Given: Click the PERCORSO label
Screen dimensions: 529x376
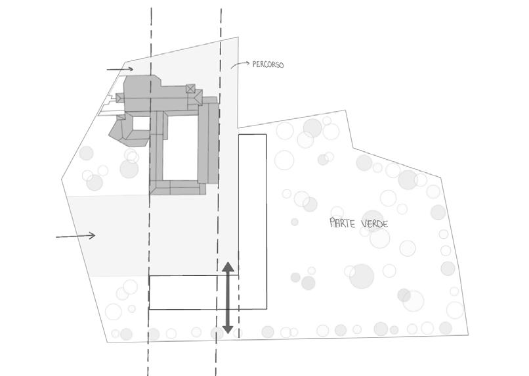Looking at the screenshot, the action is tap(268, 65).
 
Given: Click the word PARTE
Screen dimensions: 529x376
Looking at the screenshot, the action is tap(343, 223).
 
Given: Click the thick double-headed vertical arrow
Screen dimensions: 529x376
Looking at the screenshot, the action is tap(227, 297).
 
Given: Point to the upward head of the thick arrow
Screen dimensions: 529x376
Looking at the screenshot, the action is tap(227, 268).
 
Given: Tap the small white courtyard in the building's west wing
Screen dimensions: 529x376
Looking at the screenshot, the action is tap(141, 122).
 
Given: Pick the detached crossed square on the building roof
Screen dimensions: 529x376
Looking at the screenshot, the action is tap(190, 89).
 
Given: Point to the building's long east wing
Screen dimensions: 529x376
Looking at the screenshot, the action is tap(209, 141).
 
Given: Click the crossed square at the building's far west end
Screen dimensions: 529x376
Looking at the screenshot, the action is tap(119, 98).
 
